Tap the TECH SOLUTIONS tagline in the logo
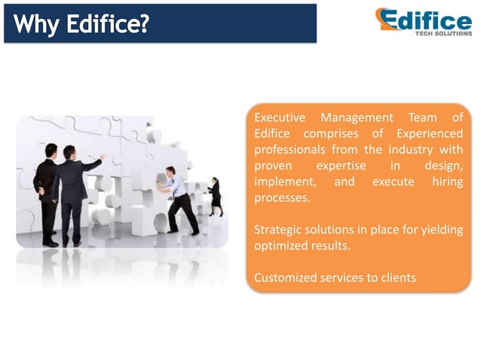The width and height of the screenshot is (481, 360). [x=442, y=33]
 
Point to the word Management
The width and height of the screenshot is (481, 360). [x=357, y=117]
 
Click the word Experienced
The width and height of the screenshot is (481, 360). [x=429, y=133]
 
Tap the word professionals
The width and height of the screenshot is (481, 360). [x=290, y=150]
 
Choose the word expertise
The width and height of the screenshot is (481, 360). [x=341, y=166]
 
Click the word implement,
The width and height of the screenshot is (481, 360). [x=283, y=182]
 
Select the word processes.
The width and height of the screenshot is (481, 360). [x=282, y=198]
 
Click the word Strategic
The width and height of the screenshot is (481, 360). [x=278, y=230]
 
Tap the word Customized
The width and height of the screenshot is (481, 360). [x=285, y=278]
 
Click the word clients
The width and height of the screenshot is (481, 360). [x=397, y=278]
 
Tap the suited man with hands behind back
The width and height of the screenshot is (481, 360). [x=47, y=192]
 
